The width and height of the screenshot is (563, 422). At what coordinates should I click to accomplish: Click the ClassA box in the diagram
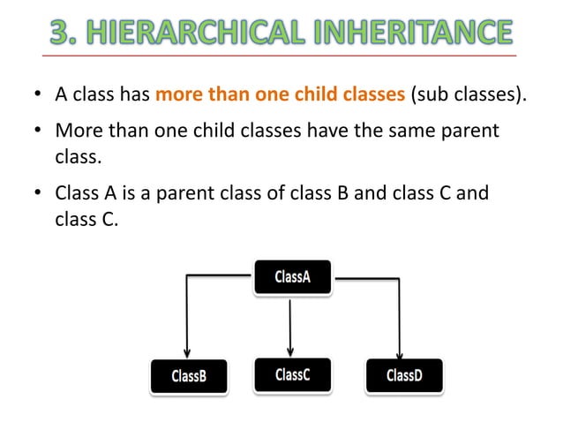[292, 276]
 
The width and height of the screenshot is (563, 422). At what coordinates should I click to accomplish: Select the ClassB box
[189, 376]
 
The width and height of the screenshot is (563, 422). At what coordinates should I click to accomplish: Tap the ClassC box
[292, 374]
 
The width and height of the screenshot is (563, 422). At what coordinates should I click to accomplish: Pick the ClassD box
[404, 375]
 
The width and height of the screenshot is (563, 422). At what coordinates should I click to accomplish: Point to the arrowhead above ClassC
[290, 349]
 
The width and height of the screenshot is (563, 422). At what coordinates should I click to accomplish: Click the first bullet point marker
[38, 95]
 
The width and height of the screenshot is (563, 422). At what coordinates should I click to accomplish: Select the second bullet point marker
[38, 132]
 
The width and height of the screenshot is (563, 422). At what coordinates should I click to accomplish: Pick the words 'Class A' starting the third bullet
[86, 192]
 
